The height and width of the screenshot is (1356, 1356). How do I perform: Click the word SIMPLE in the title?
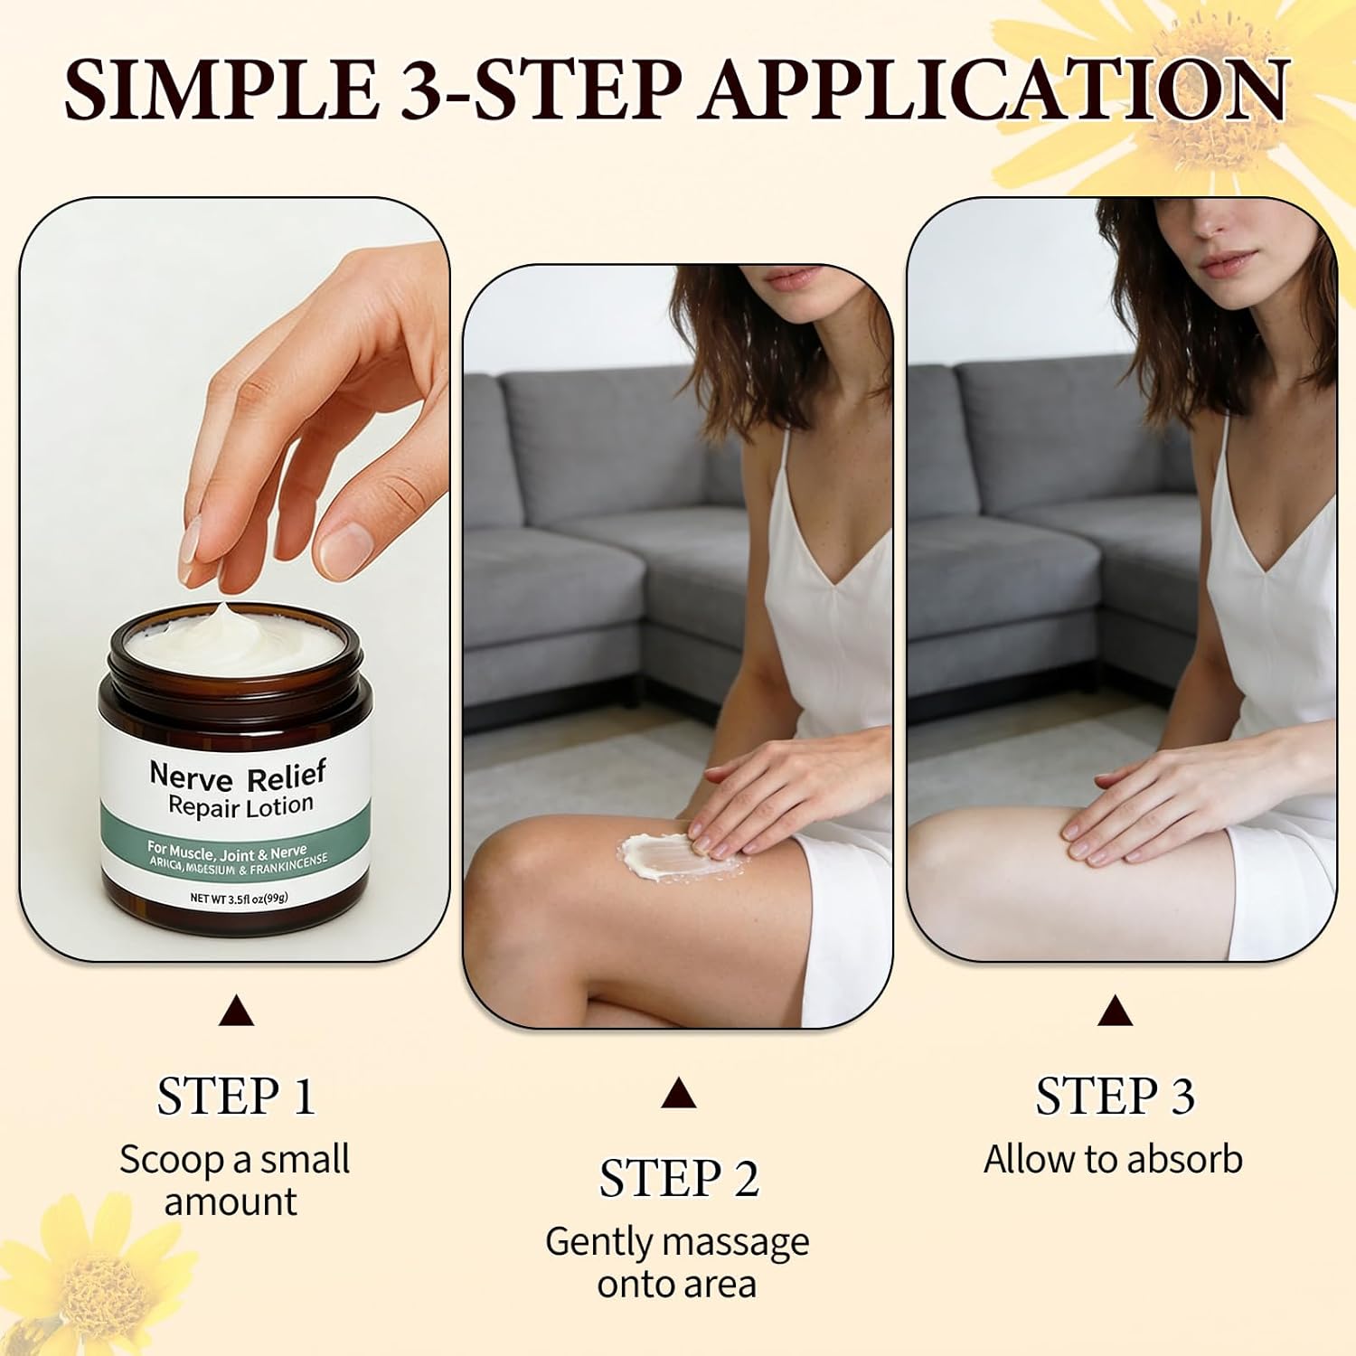pos(221,89)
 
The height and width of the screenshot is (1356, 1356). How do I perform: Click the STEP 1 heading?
pos(236,1097)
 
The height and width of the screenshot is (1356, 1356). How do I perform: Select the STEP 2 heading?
pos(679,1179)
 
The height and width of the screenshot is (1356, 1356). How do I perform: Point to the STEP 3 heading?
pos(1115,1097)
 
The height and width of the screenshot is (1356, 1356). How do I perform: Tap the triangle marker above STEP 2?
pos(678,1094)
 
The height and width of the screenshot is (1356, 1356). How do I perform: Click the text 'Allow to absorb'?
pos(1113,1160)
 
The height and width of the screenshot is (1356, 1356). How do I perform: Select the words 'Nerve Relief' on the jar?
pos(237,775)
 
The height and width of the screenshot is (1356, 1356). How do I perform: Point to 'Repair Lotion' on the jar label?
pos(240,805)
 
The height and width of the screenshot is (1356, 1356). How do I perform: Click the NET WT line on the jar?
pos(239,899)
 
